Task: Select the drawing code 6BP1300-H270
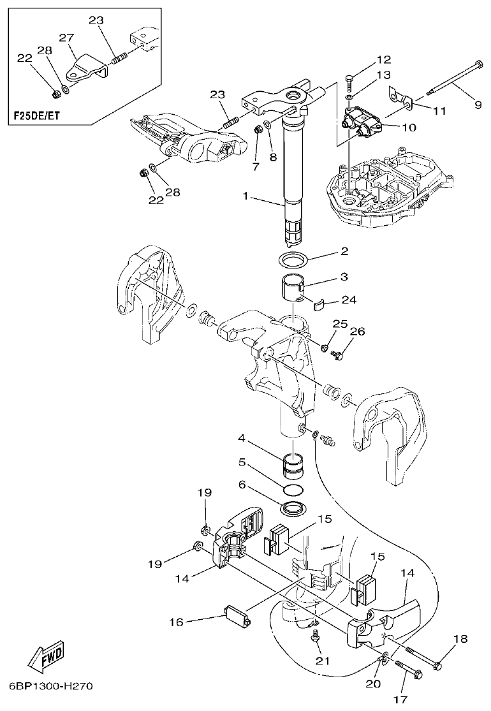51,687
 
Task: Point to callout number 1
245,196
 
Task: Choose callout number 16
178,620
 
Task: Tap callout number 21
323,661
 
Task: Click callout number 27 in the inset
66,38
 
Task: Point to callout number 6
242,486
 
